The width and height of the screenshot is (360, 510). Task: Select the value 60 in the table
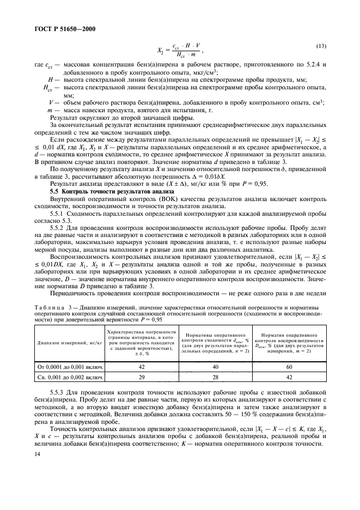[x=289, y=367]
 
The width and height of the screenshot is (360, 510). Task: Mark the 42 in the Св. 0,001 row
[x=289, y=377]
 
